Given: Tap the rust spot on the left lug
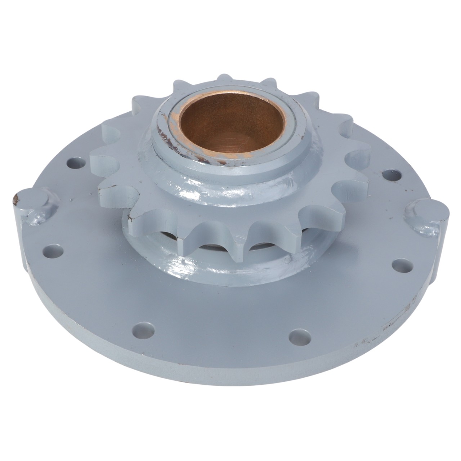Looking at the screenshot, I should point(15,197).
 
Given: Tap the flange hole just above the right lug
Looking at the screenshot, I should point(389,175).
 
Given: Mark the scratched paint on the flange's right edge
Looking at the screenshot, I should point(396,317).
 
